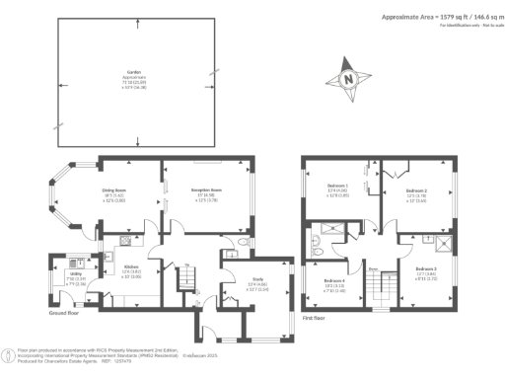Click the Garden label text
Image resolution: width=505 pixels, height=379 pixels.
133,72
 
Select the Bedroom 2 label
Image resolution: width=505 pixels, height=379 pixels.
416,190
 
